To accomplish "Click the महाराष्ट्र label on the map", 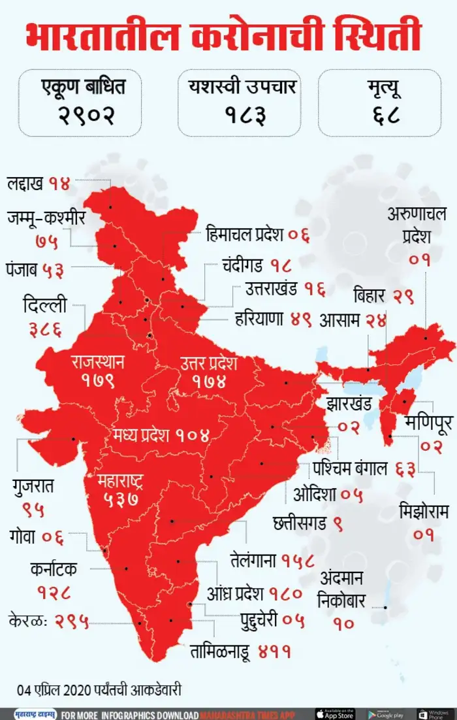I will coord(121,482).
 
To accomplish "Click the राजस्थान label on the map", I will coord(98,361).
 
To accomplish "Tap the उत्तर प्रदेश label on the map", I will coord(208,363).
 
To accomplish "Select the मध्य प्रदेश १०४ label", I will coord(160,434).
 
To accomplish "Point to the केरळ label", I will coord(26,619).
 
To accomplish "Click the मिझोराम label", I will coord(423,512).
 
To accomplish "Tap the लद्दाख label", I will coord(25,183).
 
